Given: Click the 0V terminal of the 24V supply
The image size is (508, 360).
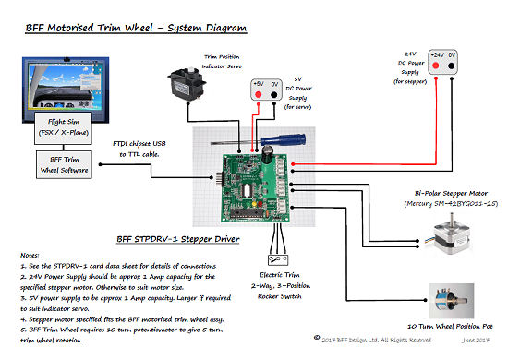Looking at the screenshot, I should tap(455, 54).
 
